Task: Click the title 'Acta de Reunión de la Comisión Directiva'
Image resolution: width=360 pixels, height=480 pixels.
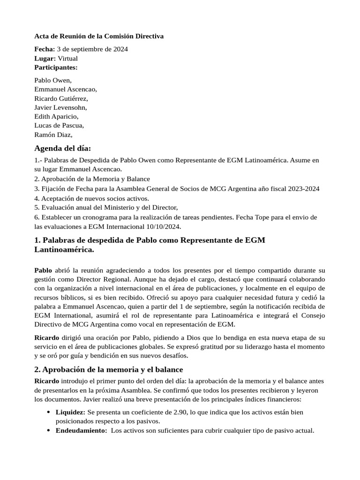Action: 99,36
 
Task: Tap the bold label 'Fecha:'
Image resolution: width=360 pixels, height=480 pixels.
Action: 45,49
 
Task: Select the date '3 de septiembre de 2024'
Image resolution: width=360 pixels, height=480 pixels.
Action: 92,49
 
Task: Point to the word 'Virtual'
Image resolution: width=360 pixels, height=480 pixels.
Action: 67,59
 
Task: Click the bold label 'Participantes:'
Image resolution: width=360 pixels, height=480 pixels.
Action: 56,67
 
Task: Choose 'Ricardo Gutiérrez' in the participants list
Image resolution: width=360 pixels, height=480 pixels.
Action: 61,99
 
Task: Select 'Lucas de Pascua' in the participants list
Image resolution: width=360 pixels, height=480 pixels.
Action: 59,126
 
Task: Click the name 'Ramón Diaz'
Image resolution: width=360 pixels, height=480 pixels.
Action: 53,135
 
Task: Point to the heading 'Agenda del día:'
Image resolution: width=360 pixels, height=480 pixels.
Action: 63,149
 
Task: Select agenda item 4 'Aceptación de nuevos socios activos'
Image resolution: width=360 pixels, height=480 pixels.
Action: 91,198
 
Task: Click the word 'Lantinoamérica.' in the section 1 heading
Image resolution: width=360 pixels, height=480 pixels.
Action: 64,250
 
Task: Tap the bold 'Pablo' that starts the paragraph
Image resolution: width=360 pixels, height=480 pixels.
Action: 44,270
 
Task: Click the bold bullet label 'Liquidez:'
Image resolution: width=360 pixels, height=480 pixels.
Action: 70,412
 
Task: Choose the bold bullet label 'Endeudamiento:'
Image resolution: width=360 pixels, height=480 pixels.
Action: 81,431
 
